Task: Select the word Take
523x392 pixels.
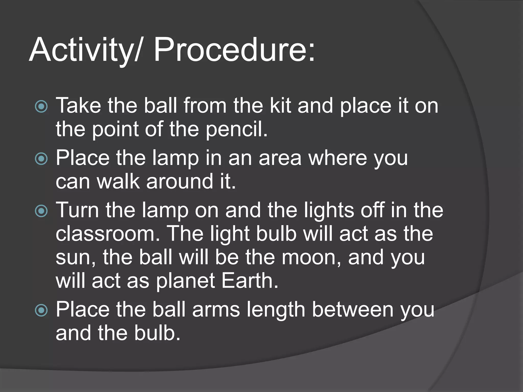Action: pos(78,105)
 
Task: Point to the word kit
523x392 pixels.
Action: pos(280,105)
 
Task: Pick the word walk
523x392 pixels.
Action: pos(118,181)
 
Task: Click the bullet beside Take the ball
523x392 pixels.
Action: pos(41,106)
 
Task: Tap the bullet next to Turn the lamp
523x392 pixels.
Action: pos(41,211)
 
